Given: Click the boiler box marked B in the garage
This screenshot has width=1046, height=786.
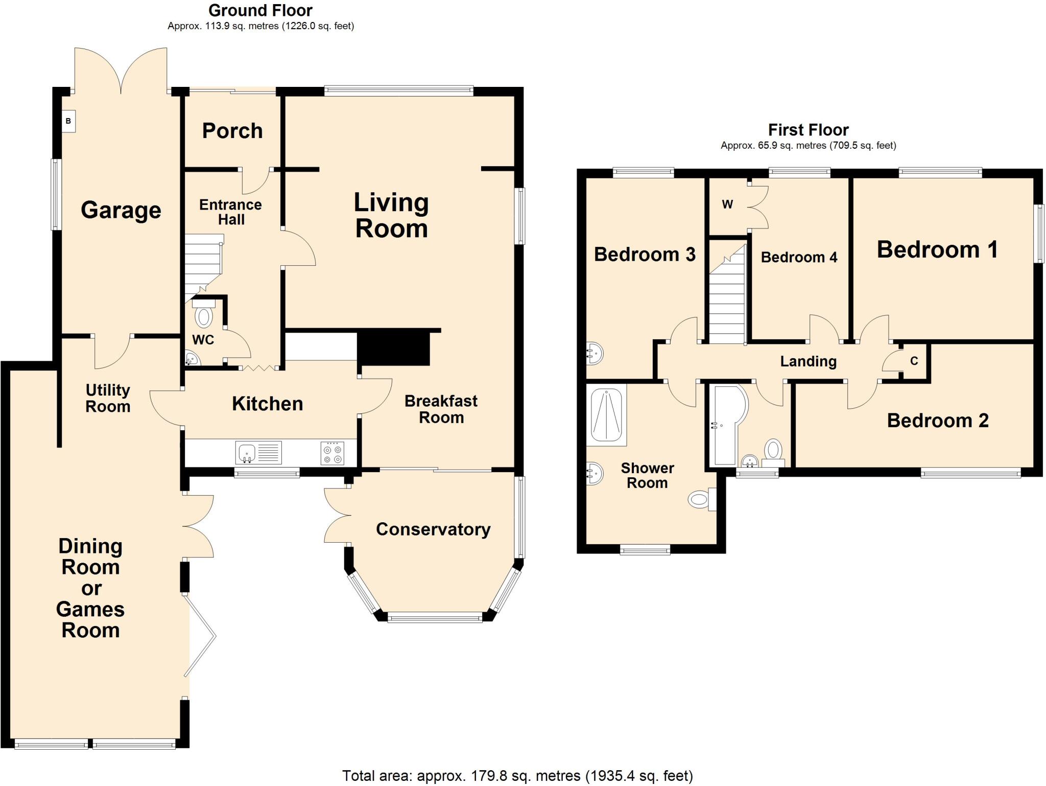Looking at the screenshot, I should (68, 122).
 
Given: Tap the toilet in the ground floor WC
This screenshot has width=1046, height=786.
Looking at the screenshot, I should (204, 315).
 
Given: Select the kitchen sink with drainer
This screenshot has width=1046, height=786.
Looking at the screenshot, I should (258, 453).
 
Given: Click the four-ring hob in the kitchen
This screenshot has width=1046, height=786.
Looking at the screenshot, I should (332, 453).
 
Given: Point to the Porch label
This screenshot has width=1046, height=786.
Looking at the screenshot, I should (232, 131).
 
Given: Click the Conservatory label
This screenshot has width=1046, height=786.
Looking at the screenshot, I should (433, 529).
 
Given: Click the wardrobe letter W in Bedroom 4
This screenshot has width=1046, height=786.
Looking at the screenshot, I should (727, 205).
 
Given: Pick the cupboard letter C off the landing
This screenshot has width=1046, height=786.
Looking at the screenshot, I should (914, 361).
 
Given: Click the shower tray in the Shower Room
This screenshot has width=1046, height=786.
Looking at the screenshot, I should (606, 414).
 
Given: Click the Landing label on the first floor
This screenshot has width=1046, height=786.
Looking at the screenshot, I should (808, 362).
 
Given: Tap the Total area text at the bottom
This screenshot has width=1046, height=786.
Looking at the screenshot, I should (517, 776).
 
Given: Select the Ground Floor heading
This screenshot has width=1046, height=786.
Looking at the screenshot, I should (260, 10).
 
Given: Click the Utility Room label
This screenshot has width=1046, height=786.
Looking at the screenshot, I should (108, 398).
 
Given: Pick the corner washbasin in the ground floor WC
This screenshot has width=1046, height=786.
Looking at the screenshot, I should (192, 359).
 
